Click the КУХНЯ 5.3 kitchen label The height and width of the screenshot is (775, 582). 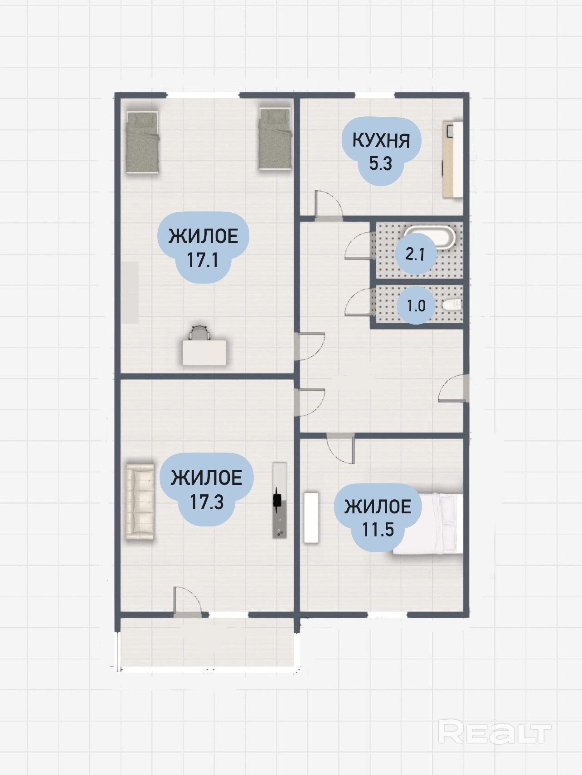381,151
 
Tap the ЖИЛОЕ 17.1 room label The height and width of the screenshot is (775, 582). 203,247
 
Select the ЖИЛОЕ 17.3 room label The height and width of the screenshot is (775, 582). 207,489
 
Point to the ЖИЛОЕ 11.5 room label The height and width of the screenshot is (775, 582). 378,517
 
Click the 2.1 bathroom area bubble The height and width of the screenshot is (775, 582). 415,254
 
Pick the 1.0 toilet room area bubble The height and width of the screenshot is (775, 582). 416,306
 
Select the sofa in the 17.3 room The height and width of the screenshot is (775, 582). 140,502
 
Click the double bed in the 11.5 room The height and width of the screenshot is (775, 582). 428,524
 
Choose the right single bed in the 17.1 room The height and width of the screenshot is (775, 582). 274,139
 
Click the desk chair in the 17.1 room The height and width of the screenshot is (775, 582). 200,333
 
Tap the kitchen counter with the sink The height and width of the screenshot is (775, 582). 453,159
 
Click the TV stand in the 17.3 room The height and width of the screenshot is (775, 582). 279,500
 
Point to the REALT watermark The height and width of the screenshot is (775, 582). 495,733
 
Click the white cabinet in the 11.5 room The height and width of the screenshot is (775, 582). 311,517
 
